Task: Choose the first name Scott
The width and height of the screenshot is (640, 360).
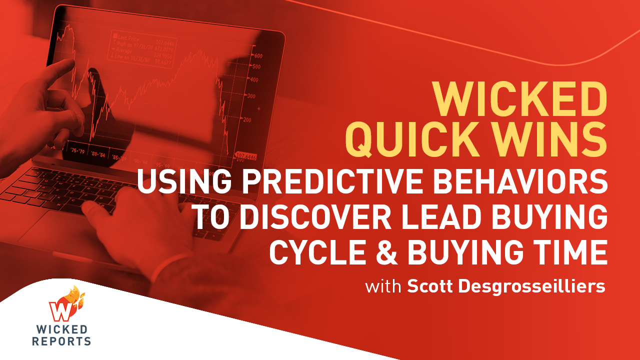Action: (430, 287)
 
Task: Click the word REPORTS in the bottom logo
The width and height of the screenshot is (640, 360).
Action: (61, 341)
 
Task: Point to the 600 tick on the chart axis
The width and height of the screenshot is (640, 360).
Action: (258, 55)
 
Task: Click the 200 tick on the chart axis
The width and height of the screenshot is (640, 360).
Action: (246, 119)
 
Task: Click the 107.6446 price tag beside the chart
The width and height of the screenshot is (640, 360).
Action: (245, 156)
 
